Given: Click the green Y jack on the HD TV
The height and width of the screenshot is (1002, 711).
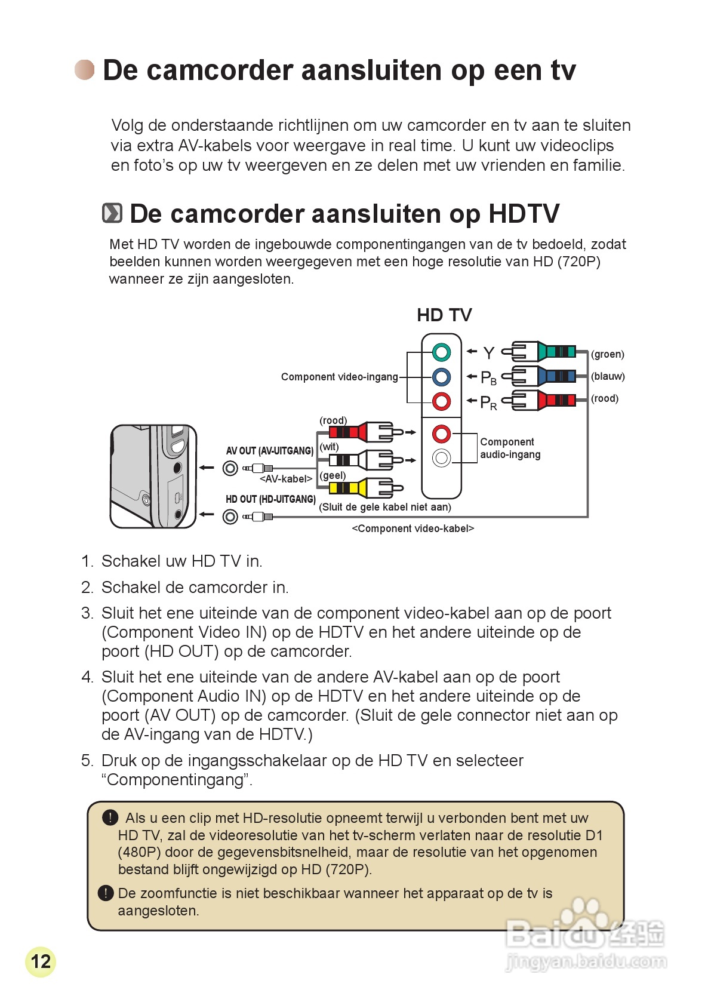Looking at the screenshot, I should [x=441, y=352].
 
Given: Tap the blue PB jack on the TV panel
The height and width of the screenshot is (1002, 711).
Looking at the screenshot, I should [x=441, y=377].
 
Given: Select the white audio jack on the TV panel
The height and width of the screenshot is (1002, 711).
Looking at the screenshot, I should [x=441, y=458].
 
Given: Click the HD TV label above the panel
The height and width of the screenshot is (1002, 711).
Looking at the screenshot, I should [x=444, y=315].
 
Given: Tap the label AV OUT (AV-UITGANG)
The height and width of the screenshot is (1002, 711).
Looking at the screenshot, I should [x=270, y=451].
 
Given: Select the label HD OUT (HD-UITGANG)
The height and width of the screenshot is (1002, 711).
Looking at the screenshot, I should [x=270, y=499].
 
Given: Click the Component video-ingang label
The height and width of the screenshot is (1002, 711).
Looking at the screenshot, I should [x=339, y=377].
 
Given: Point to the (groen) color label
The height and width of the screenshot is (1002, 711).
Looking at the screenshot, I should [x=608, y=354].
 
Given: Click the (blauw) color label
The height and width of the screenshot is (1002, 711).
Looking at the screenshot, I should [x=608, y=376].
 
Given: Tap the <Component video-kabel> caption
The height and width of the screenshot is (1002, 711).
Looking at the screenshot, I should [x=413, y=528].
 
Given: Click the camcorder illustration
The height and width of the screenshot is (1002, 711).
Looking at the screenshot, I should [x=153, y=477].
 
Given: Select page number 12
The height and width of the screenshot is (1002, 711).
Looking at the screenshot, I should [x=41, y=961].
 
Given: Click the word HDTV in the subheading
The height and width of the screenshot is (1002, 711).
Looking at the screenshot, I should [x=524, y=214].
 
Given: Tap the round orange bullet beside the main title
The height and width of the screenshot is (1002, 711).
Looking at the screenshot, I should [x=85, y=70].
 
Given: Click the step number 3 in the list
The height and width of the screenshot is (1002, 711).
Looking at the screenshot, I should [x=87, y=613].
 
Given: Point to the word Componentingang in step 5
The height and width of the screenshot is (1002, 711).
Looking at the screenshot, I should [x=177, y=780].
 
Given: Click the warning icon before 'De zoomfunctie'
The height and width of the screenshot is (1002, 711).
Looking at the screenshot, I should [x=106, y=893].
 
